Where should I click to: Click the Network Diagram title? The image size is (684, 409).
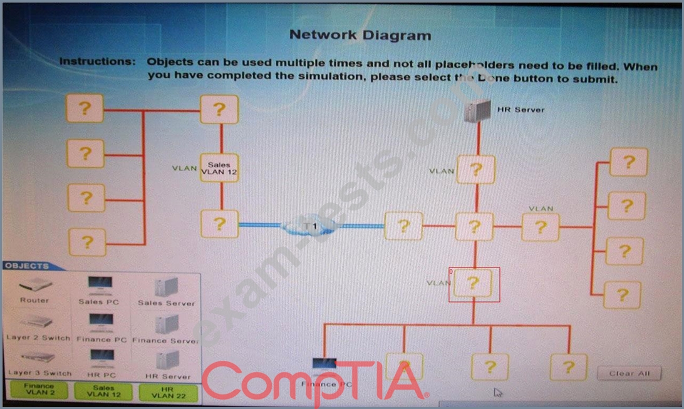(360, 35)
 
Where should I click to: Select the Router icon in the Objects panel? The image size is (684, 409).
(35, 287)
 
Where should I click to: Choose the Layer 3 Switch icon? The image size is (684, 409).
(36, 359)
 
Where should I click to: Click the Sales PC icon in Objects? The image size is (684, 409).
(100, 287)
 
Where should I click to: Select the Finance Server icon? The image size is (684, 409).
(166, 326)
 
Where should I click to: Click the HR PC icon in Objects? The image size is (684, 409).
(101, 360)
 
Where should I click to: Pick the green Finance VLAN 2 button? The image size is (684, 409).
(39, 390)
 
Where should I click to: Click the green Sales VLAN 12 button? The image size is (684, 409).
(103, 391)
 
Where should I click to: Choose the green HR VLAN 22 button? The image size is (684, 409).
(167, 393)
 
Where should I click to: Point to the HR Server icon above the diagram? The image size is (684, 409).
(477, 111)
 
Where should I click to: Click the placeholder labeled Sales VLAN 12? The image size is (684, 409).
(219, 168)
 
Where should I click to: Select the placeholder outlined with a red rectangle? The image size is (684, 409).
(474, 284)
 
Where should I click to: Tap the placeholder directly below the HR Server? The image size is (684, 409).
(475, 170)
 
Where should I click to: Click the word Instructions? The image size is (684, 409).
(97, 62)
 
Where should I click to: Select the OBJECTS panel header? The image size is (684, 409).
(27, 266)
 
